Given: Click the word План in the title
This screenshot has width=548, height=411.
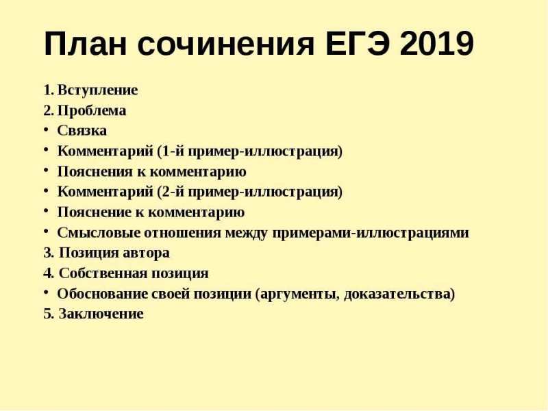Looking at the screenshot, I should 86,45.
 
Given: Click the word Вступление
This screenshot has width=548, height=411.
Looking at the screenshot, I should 97,90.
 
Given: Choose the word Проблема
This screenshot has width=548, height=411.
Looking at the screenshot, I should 92,110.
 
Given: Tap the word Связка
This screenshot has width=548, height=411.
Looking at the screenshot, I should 82,130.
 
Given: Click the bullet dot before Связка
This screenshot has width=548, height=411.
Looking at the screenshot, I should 46,129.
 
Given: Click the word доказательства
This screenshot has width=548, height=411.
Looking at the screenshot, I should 399,294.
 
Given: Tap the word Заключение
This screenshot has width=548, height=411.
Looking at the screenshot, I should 101,314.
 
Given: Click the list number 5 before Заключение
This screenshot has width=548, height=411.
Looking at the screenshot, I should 47,314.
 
